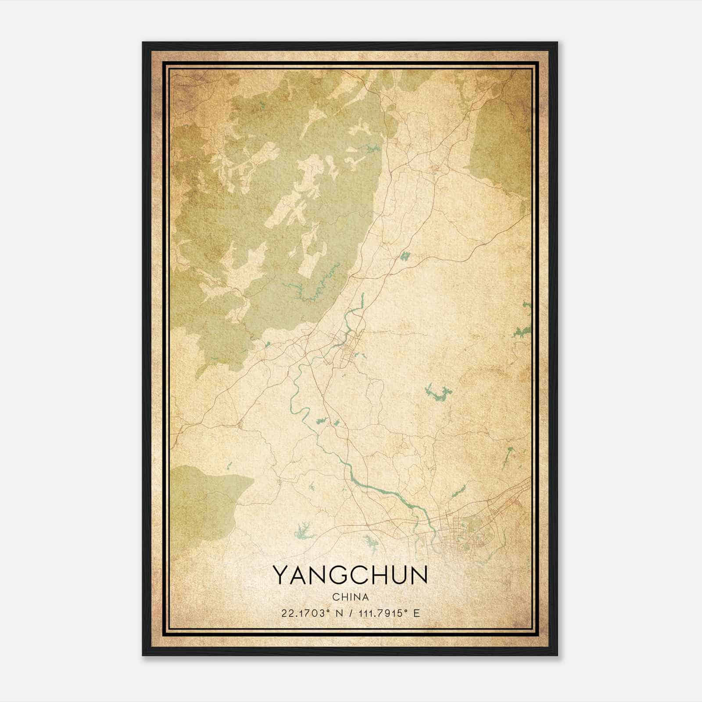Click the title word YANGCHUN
pyautogui.click(x=350, y=575)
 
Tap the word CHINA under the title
pyautogui.click(x=350, y=597)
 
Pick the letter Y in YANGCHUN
pyautogui.click(x=281, y=575)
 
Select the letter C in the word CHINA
pyautogui.click(x=335, y=597)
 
